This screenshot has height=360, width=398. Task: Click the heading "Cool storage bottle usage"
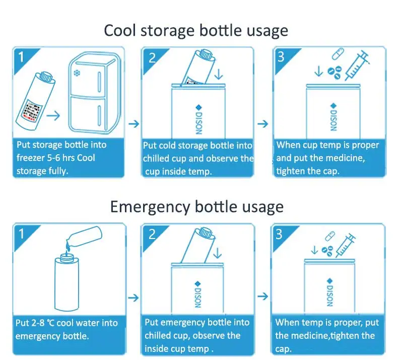click(x=196, y=30)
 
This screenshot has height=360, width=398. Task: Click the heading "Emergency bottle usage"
click(x=196, y=207)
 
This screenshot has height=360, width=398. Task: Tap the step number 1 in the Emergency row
click(x=21, y=234)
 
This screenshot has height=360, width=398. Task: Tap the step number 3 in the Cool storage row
click(x=281, y=56)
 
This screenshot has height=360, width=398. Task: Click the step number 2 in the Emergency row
click(x=152, y=234)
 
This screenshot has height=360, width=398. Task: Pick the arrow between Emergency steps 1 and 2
click(x=134, y=297)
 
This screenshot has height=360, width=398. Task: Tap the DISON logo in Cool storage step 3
click(x=332, y=117)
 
